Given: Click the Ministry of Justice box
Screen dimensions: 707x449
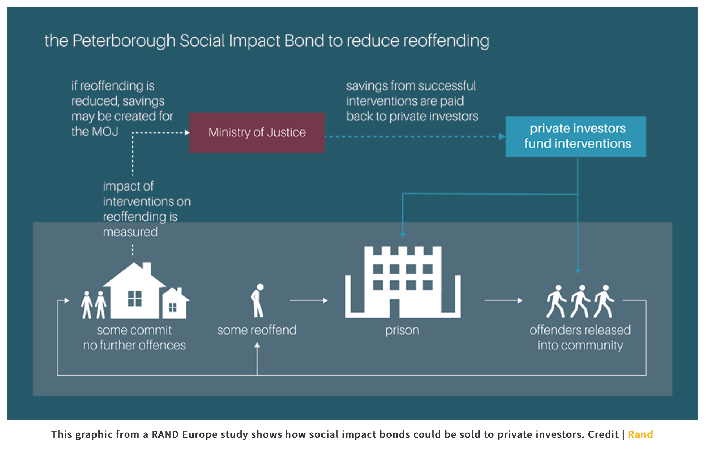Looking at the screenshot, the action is (257, 133).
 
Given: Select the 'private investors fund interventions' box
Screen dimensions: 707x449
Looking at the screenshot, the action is (576, 136).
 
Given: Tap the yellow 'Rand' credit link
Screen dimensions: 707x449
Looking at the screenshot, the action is (640, 434).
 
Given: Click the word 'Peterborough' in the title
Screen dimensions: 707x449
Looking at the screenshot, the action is (124, 41).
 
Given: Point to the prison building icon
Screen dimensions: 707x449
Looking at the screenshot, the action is (403, 282).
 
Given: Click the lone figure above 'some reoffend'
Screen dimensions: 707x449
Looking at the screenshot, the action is (257, 301).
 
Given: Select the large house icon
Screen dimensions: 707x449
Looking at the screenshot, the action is (134, 291).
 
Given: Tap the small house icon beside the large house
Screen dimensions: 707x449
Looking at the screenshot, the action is (175, 303).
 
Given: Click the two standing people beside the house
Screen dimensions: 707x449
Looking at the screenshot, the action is (94, 305).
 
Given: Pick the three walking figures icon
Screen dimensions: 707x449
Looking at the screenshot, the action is (580, 301).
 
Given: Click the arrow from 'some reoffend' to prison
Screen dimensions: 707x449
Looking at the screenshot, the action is (309, 301).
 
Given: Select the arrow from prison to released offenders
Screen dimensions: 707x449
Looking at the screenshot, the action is (504, 301).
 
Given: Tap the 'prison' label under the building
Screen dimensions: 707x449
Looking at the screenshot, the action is (402, 330).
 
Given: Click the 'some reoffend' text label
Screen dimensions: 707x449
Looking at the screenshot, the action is (257, 330).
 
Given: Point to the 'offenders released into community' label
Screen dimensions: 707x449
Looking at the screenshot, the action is (580, 338).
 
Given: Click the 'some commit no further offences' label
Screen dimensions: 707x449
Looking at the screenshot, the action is (134, 338).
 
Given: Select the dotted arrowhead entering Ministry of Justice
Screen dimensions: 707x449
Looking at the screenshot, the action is (187, 132).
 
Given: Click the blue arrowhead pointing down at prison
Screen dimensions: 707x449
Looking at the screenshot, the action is (403, 235).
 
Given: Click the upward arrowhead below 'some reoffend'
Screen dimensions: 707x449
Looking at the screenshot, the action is (257, 345).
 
